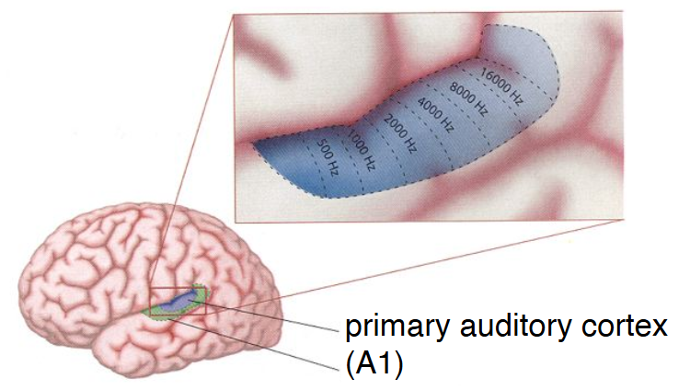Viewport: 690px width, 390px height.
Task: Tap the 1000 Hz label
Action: [362, 150]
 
